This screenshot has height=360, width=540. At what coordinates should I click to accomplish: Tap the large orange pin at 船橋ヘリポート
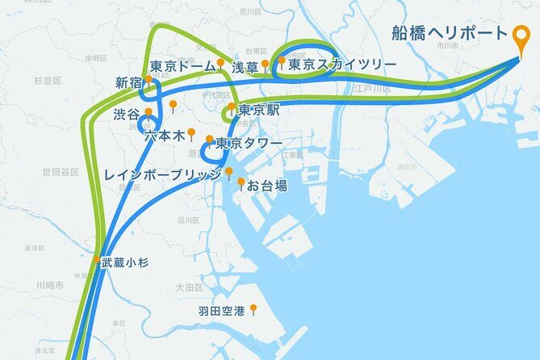pos(522,36)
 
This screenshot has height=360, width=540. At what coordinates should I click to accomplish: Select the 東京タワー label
pos(249,144)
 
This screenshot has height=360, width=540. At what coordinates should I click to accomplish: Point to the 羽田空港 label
pos(222,310)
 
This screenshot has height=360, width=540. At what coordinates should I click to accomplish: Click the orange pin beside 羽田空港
pos(253,308)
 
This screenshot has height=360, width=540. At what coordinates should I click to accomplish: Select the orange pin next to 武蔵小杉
pos(97,260)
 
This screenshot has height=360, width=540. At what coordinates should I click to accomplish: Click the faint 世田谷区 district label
pos(61,172)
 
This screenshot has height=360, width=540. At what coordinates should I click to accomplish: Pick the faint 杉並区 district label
pos(48,81)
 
